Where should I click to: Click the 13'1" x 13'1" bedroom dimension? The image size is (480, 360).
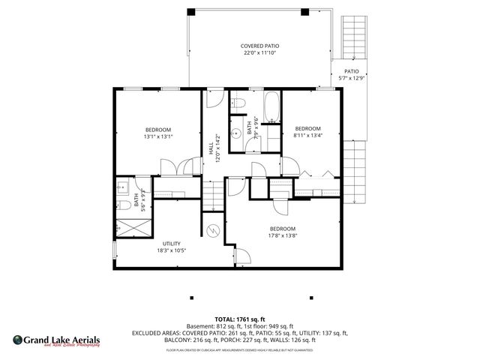158,136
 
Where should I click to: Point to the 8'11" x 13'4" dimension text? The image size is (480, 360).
307,136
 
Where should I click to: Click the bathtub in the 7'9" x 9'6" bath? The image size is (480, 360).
271,106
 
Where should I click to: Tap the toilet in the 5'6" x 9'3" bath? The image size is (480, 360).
121,204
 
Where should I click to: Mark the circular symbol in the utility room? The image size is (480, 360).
213,231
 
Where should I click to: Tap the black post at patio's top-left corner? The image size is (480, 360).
190,12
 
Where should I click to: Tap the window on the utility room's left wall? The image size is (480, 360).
114,251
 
